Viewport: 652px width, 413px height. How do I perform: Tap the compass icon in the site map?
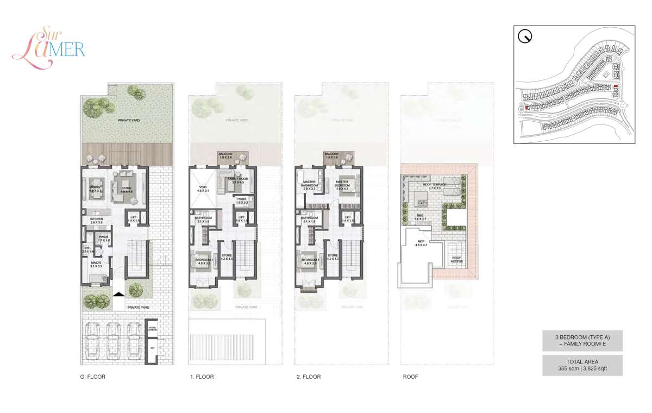(525, 37)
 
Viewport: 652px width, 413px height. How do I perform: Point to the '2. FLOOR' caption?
(308, 377)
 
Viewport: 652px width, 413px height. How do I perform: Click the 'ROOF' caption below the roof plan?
(410, 377)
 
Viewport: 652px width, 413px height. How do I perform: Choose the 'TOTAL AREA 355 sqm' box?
(582, 365)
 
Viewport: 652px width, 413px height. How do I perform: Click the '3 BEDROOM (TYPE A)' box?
(582, 341)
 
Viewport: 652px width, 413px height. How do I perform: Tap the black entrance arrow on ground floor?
(118, 293)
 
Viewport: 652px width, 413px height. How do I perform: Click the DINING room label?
(96, 188)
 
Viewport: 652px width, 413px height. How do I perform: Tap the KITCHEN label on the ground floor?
(96, 221)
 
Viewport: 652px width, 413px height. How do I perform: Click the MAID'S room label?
(96, 264)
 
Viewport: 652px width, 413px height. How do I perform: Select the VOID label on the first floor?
(202, 188)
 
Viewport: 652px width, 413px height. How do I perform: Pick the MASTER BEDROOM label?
(342, 185)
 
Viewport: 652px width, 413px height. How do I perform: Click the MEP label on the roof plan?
(421, 243)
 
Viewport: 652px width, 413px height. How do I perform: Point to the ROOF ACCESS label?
(456, 260)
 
